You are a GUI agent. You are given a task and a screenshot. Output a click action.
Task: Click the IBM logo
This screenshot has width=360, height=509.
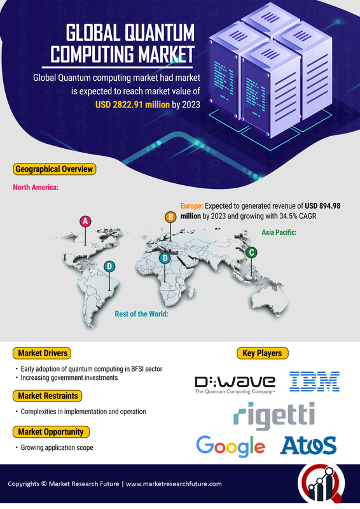click(314, 381)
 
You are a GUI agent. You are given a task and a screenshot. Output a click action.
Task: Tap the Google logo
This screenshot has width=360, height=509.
click(230, 447)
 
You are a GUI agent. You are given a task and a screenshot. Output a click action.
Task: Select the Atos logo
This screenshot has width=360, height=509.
click(308, 445)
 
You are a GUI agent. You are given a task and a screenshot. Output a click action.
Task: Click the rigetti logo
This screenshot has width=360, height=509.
click(274, 415)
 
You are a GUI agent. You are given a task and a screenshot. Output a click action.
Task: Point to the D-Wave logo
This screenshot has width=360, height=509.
click(235, 385)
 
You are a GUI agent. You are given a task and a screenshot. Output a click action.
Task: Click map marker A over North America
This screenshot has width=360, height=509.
click(85, 221)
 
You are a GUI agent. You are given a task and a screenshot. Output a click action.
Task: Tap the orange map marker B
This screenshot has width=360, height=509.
click(170, 217)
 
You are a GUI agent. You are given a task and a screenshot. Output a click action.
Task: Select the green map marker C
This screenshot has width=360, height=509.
click(251, 253)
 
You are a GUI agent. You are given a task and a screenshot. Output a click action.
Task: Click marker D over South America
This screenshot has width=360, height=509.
click(109, 267)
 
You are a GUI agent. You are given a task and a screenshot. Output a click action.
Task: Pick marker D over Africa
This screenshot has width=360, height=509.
click(165, 258)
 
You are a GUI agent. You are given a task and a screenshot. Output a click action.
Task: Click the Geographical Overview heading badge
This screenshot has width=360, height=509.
click(54, 169)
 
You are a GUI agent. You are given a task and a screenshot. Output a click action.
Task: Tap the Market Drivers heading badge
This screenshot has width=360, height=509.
click(42, 353)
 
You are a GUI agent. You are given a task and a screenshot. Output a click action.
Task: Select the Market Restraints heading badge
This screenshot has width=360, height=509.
click(48, 396)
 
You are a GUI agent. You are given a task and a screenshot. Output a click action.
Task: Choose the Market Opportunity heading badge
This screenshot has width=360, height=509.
click(51, 432)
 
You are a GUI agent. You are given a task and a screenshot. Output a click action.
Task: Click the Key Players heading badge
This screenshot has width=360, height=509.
click(262, 353)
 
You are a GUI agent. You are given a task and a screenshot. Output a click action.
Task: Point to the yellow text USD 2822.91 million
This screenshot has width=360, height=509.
click(132, 104)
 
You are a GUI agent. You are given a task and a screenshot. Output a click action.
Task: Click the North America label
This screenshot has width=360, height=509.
click(36, 187)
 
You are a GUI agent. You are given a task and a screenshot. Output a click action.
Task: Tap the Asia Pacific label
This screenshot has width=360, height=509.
click(279, 232)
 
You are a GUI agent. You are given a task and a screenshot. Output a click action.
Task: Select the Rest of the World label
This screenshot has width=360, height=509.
click(142, 314)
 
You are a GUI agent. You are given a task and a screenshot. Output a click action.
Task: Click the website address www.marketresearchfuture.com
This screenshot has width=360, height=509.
click(174, 484)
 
